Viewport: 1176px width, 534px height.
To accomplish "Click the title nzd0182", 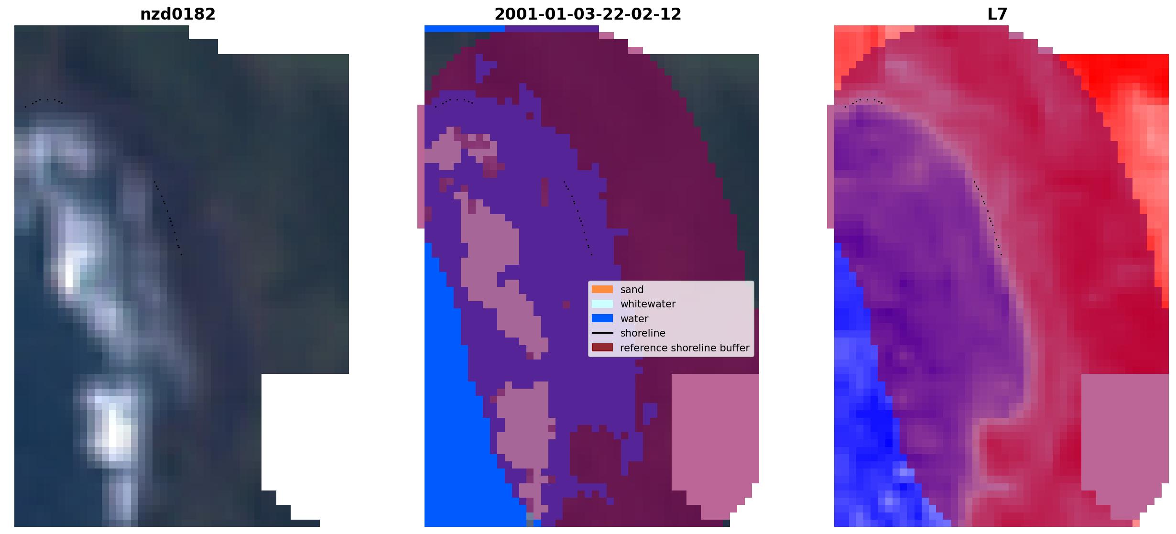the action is (x=178, y=14).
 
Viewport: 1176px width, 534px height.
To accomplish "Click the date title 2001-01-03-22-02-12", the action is (x=588, y=14).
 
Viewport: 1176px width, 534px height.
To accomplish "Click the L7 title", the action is (x=997, y=14).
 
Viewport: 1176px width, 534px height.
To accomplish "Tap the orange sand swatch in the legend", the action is (x=602, y=289).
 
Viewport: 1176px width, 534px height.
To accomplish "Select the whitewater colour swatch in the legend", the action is (x=602, y=304).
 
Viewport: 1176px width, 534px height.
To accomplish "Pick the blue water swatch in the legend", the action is (x=602, y=318).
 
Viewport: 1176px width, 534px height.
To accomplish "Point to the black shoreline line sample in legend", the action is (x=602, y=333).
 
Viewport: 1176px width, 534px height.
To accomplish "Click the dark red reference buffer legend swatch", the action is (x=602, y=348).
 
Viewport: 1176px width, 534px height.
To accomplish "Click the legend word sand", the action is (x=632, y=290).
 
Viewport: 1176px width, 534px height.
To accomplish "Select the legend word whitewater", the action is (x=648, y=304).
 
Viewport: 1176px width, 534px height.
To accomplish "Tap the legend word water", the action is (x=634, y=319).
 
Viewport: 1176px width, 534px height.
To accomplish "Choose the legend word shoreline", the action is (x=642, y=333).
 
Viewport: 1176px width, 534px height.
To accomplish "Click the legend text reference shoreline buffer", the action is (x=685, y=348).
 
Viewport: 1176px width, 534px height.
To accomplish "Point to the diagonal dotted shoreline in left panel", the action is (x=168, y=218).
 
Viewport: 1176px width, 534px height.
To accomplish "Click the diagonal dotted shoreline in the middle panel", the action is (x=578, y=218).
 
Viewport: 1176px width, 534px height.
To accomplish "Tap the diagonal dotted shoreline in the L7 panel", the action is (x=988, y=218).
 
